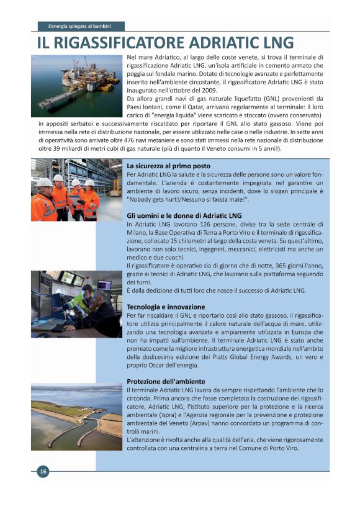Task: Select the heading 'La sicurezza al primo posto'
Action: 168,166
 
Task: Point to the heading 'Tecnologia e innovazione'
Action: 165,307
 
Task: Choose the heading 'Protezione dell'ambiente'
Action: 166,381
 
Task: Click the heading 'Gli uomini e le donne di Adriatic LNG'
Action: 184,215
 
